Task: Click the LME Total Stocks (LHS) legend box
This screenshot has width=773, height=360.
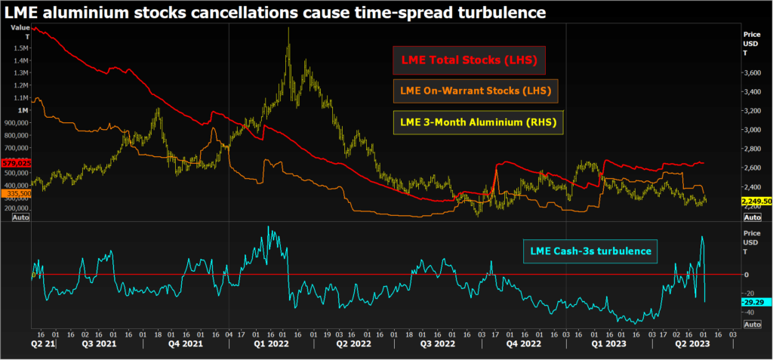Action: (469, 60)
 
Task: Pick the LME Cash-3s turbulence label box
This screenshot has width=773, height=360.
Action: (586, 251)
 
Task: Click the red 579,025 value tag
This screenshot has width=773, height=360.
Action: (15, 162)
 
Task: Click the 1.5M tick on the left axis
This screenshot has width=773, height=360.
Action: (21, 48)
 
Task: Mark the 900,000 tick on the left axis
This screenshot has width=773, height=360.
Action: (17, 122)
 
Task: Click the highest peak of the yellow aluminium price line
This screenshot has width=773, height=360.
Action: (288, 29)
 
